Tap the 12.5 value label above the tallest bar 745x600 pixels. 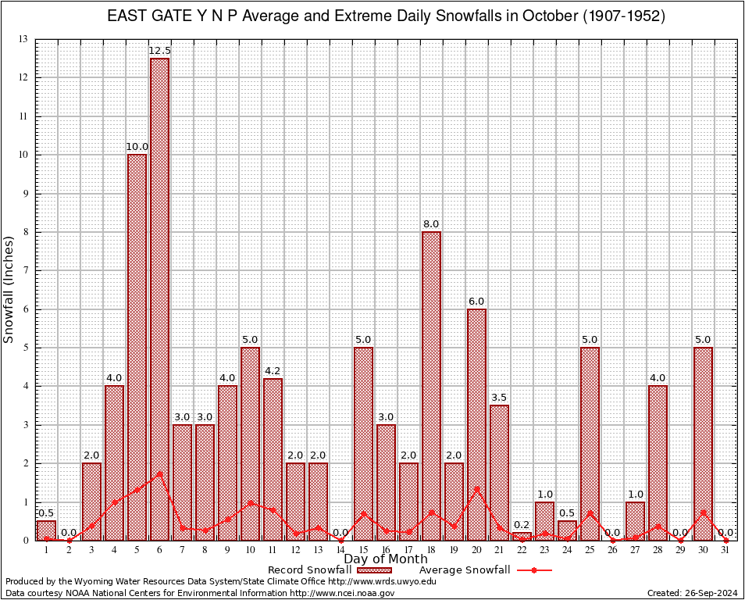(159, 51)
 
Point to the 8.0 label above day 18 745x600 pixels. (431, 224)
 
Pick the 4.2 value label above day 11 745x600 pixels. (273, 371)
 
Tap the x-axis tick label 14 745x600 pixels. (340, 550)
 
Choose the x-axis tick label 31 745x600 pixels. (725, 550)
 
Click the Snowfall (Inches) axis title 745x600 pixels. (9, 289)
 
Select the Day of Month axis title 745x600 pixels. (386, 559)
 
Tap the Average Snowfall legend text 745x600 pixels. (465, 570)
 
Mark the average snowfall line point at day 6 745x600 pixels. (159, 473)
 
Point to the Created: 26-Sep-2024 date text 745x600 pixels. (693, 593)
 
